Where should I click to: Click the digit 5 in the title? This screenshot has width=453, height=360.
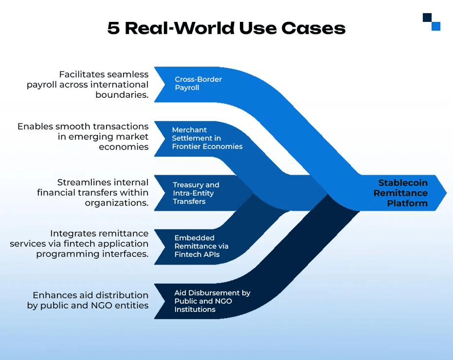point(114,28)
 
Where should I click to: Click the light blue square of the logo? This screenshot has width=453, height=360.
point(436,26)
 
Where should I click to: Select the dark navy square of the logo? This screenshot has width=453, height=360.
point(427,17)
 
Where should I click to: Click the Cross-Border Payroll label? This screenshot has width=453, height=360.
point(198,83)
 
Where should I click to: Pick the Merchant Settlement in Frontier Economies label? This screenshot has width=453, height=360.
point(207,138)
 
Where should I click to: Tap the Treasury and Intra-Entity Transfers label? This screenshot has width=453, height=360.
point(196,193)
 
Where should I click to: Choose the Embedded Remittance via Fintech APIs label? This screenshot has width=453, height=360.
point(202,246)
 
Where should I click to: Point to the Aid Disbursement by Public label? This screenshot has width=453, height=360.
point(213,297)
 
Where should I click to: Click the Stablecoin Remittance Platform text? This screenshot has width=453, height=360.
point(401,193)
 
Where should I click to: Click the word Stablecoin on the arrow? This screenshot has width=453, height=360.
point(403,183)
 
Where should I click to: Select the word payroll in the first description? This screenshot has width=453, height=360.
point(42,85)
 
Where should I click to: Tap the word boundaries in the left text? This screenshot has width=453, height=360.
point(122,95)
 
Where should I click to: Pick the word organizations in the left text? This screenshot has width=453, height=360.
point(117,203)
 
